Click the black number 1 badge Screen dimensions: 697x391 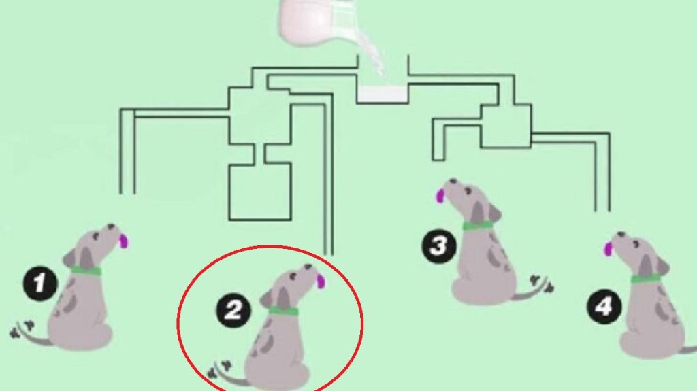(x=40, y=283)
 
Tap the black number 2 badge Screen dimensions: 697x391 (x=233, y=309)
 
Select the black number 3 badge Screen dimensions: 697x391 (x=439, y=246)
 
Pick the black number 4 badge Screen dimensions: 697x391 (x=604, y=307)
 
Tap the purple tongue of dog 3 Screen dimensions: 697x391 (x=440, y=196)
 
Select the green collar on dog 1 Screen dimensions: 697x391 (x=86, y=270)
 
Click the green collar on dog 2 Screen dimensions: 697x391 (x=283, y=311)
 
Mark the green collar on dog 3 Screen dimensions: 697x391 (x=479, y=226)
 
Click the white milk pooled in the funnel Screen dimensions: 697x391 (x=383, y=95)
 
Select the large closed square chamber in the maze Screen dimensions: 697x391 (x=261, y=192)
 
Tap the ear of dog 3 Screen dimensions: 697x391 (x=479, y=211)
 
